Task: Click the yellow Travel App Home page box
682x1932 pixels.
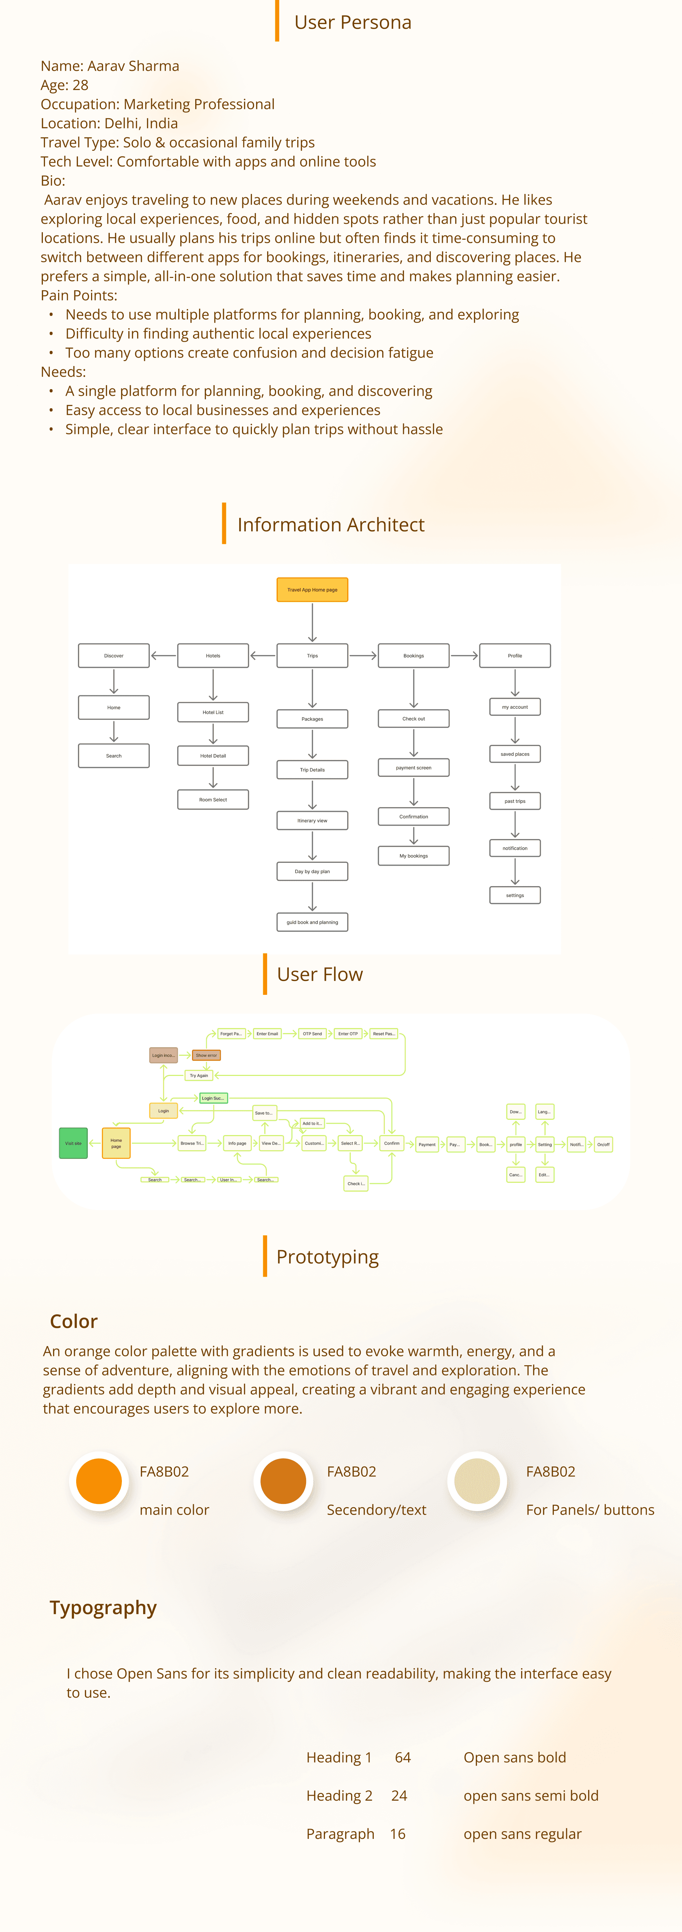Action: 312,589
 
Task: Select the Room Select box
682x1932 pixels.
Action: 213,799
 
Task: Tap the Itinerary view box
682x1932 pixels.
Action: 312,821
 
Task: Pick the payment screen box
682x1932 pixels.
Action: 413,767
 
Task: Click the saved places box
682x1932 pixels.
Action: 515,754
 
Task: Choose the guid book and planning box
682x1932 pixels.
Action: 312,922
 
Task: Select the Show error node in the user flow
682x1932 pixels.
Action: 206,1055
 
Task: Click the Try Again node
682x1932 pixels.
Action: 199,1076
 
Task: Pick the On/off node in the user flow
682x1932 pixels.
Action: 603,1145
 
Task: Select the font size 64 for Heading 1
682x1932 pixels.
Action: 403,1757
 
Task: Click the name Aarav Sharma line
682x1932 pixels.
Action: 110,66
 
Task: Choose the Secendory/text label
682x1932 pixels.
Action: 376,1510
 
